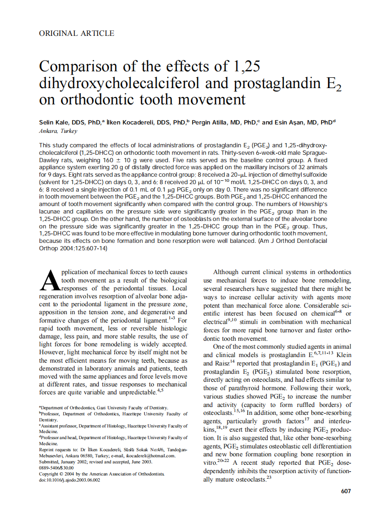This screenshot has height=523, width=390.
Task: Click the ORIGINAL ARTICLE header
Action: tap(76, 33)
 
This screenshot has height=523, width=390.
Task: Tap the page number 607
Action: tap(346, 491)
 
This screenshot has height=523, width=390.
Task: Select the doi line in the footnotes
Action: tap(69, 480)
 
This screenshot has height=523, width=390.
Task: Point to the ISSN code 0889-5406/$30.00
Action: tap(56, 468)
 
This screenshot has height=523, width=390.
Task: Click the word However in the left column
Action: tap(53, 352)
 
